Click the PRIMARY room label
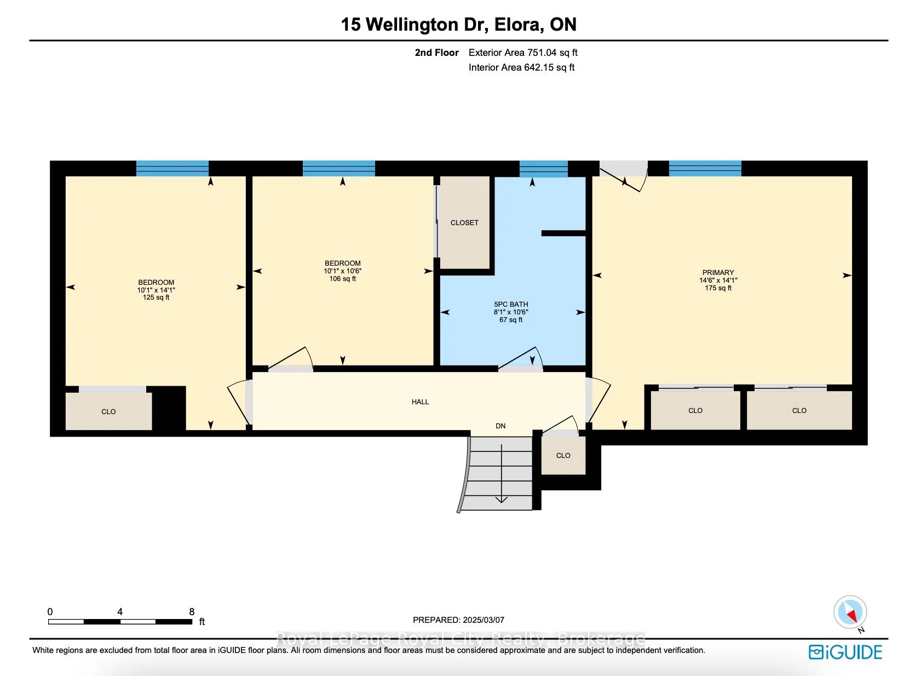718,272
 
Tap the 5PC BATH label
511,304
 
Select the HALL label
420,402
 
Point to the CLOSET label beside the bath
464,222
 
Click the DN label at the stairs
500,426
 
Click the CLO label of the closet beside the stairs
563,455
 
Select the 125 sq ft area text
156,297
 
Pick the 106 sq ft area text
342,278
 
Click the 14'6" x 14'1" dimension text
718,280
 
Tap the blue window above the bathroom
544,169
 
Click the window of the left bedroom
172,168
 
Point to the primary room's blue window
705,168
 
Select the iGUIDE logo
845,652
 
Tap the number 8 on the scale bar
192,612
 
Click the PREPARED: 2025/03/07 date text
458,620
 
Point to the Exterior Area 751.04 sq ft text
523,53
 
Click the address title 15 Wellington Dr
415,24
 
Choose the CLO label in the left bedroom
108,411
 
